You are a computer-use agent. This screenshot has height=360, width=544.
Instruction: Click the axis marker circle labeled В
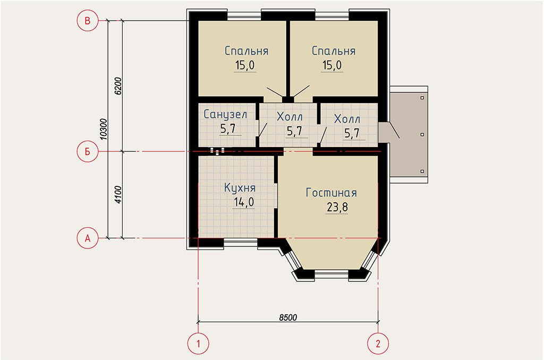88,21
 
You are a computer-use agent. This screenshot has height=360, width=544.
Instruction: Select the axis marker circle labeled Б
88,151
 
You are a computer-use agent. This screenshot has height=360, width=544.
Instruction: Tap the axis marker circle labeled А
88,238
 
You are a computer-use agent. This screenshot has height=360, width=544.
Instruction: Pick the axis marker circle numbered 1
198,344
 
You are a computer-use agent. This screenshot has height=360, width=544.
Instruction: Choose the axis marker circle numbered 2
378,344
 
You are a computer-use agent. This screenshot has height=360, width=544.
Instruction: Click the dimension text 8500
288,318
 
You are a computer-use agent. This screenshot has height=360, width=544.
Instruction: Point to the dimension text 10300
104,130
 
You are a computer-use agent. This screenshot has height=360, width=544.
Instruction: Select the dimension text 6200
118,86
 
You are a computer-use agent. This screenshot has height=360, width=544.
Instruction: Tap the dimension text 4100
118,194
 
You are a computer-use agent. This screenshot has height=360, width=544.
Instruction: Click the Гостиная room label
331,193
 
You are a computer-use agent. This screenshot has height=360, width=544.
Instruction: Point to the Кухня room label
240,187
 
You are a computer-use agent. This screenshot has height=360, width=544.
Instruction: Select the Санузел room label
225,114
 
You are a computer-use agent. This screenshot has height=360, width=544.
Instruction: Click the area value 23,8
337,208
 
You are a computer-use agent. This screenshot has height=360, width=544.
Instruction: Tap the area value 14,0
244,202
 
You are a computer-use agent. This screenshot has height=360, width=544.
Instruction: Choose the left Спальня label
246,51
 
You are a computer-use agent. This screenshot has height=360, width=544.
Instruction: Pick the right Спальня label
334,51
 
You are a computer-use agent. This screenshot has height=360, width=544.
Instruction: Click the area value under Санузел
228,129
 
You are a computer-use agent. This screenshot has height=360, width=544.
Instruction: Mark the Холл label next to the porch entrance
347,119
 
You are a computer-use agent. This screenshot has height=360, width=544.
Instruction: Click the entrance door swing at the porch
395,130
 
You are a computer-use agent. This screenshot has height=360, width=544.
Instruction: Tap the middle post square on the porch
422,134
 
